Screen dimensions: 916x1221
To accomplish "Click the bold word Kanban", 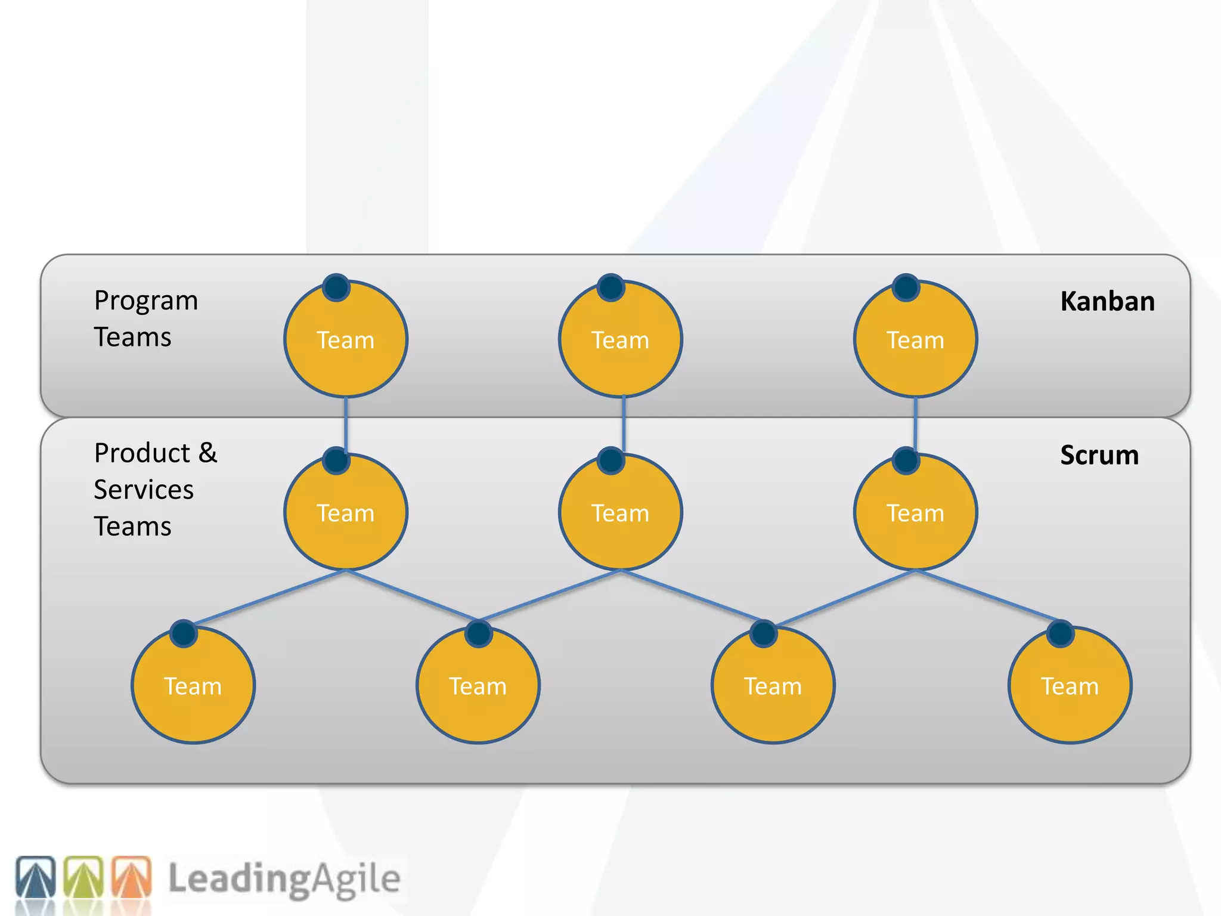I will [1107, 301].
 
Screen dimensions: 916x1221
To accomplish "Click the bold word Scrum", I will [1099, 455].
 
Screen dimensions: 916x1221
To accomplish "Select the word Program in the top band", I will [146, 301].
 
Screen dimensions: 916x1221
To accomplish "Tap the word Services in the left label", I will [144, 490].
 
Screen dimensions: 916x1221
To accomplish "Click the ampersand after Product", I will [207, 453].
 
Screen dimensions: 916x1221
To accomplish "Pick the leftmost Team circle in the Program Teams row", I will [346, 339].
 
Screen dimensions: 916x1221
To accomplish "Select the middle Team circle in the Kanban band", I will [620, 339].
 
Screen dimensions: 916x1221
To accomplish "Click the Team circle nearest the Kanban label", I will [915, 339].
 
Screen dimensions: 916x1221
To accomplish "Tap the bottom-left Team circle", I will [193, 686].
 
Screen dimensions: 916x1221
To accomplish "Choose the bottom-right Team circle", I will [1070, 686].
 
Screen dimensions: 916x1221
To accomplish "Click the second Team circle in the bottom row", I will [478, 686].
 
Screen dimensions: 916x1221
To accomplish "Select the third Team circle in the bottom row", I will [773, 686].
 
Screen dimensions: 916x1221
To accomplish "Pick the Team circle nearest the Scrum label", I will [915, 512].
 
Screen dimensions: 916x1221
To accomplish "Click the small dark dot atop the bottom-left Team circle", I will [184, 633].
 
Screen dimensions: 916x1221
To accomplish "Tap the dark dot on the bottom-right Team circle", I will [1060, 633].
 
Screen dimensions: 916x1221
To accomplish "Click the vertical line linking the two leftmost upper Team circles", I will [346, 423].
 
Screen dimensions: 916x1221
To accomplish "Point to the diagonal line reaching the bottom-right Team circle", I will [990, 596].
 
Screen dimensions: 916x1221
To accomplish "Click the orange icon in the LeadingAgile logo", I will [132, 877].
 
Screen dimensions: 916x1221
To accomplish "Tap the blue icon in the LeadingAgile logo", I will [36, 877].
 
